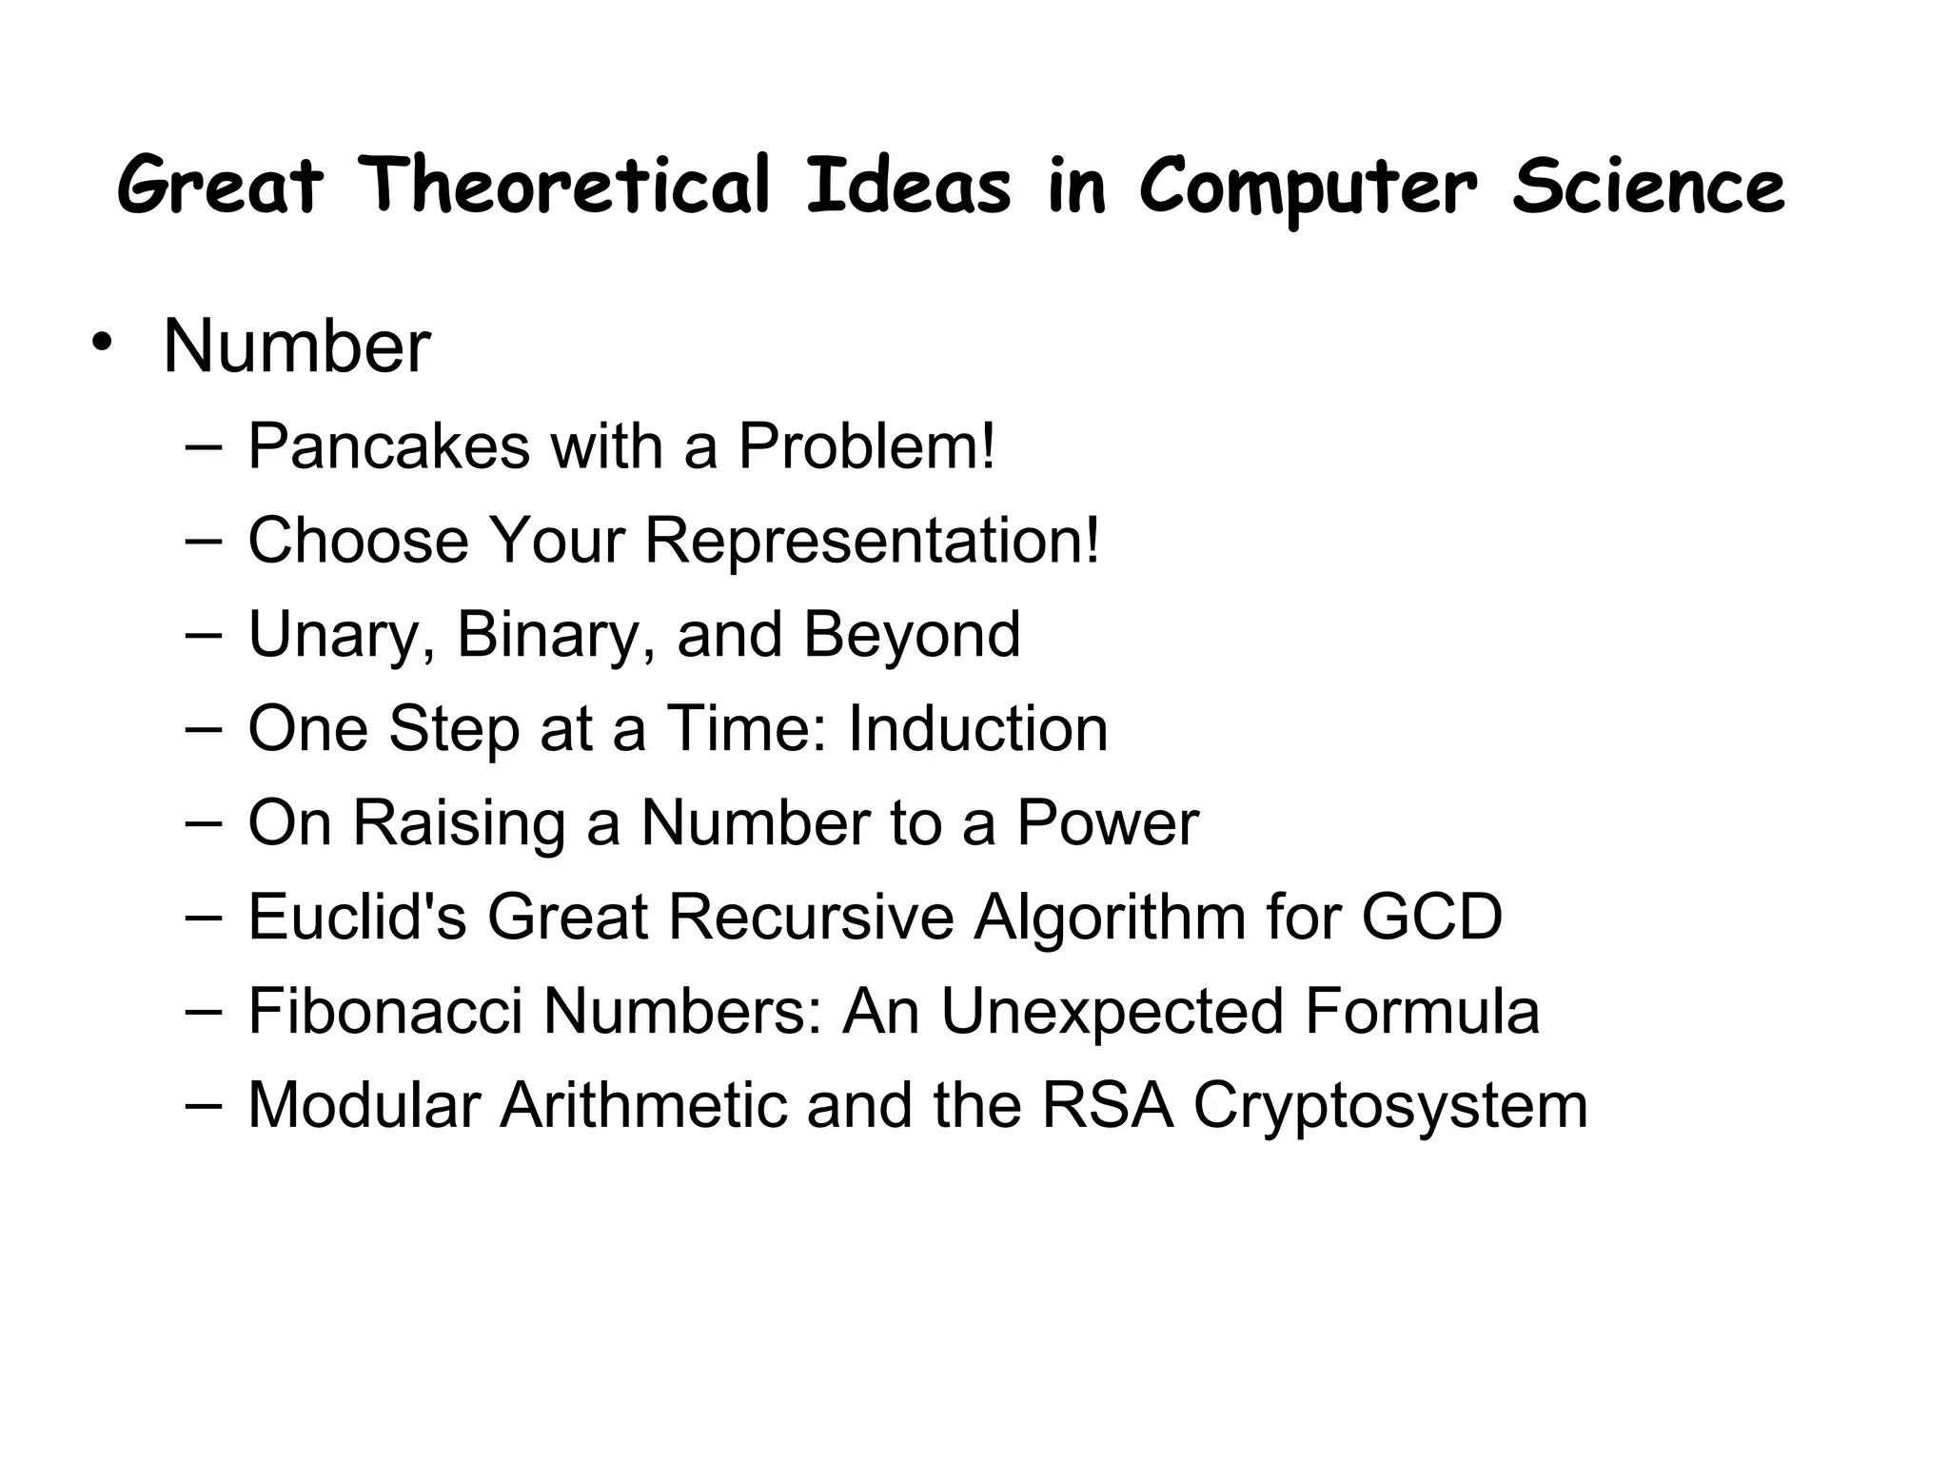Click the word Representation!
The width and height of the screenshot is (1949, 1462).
tap(872, 541)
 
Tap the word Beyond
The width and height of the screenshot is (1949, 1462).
tap(912, 635)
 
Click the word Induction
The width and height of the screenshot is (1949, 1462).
tap(977, 729)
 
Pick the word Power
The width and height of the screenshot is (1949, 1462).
tap(1108, 822)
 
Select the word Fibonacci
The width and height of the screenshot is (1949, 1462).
tap(385, 1011)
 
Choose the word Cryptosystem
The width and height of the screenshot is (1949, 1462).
tap(1390, 1107)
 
